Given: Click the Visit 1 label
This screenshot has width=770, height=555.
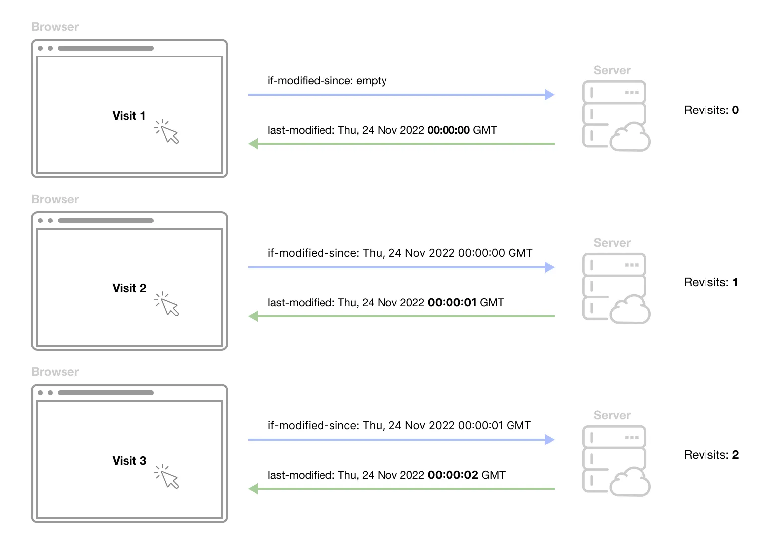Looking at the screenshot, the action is [129, 116].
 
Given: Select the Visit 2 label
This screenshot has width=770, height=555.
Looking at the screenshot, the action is [129, 288].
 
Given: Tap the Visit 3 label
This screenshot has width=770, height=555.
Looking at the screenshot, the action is [129, 461].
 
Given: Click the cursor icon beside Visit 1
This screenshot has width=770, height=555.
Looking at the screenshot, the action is [167, 131].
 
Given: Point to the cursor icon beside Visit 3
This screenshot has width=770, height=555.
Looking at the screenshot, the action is [167, 476].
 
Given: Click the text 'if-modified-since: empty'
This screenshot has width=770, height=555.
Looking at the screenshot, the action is [327, 81].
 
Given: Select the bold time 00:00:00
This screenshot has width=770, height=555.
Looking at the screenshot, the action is [448, 130].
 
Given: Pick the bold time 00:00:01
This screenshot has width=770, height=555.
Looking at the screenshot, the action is [451, 303].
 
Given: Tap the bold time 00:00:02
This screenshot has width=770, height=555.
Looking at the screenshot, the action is [452, 475].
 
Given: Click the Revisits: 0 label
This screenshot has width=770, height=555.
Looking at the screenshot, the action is [711, 110].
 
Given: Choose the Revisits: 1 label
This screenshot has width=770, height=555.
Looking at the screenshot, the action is [710, 282].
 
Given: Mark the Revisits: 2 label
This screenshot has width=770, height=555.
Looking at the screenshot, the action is [711, 455].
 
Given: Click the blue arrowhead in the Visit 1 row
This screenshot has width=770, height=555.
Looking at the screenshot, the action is [549, 95].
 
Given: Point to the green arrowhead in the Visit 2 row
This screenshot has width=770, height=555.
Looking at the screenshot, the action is [254, 316].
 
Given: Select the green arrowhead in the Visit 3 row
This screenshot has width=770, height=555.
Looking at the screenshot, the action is [254, 489].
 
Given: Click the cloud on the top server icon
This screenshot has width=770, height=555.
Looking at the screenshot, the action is [630, 137].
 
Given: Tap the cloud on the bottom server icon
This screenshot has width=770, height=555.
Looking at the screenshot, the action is [630, 482].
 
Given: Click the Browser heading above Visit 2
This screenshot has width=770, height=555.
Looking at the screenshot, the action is [55, 199].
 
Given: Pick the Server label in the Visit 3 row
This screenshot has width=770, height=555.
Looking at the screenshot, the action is [612, 415].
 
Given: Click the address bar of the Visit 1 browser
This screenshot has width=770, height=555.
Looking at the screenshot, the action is [106, 48].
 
